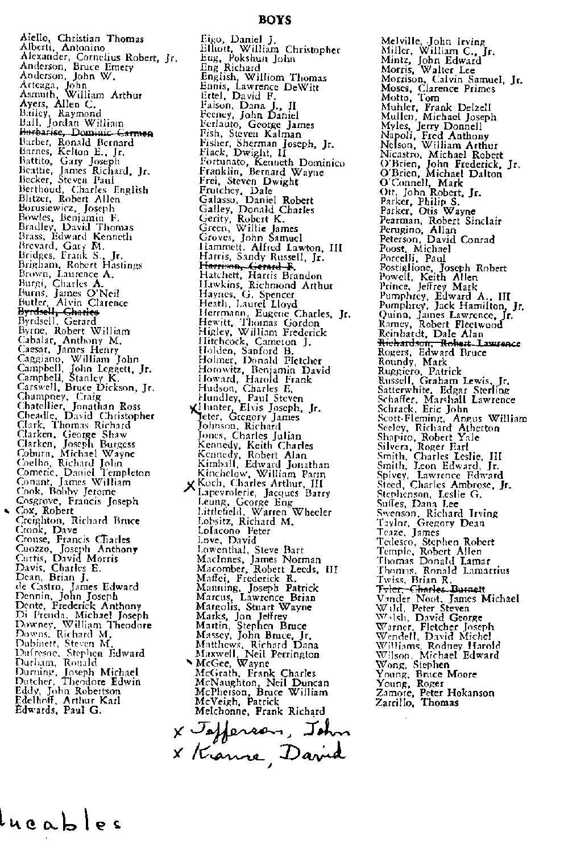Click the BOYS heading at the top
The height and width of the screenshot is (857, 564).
pos(275,20)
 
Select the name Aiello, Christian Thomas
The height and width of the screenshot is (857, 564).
pos(82,39)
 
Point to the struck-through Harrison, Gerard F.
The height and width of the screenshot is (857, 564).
pos(247,266)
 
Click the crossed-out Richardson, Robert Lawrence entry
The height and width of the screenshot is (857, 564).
pos(449,343)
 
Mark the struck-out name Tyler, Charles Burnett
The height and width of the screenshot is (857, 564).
pos(430,589)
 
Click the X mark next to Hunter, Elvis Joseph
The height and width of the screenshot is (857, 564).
pos(195,408)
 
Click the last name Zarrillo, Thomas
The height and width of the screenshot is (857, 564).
pos(417,702)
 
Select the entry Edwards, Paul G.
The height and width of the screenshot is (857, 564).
pos(59,710)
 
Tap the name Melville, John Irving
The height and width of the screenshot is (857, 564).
pos(433,41)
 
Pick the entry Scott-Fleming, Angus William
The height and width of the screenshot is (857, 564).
pos(452,419)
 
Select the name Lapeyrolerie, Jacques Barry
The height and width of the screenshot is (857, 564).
pos(263,493)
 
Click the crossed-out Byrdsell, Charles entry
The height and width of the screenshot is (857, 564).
pos(59,312)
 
